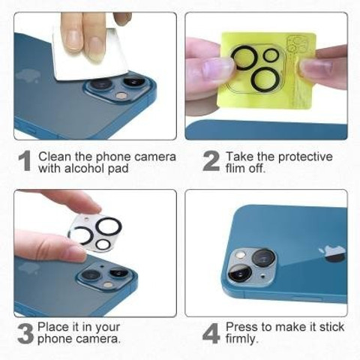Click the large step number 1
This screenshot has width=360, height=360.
coord(25,161)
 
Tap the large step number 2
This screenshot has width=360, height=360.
coord(211,161)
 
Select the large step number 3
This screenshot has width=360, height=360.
coord(25,333)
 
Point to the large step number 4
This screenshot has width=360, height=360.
coord(211,333)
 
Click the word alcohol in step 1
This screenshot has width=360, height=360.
coord(85,168)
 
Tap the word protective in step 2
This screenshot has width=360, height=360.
coord(305,157)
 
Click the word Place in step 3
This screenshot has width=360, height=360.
coord(52,327)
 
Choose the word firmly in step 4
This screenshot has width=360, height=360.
coord(241,339)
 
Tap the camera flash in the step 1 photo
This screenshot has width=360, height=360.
coord(121,95)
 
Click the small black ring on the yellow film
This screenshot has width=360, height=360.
coord(271,55)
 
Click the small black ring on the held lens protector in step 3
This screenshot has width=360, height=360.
coord(102,244)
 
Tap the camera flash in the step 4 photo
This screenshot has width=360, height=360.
coord(241,255)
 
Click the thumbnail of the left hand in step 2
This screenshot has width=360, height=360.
coord(214,69)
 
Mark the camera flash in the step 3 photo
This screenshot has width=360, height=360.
coord(107,284)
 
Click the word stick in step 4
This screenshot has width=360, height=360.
coord(331,327)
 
